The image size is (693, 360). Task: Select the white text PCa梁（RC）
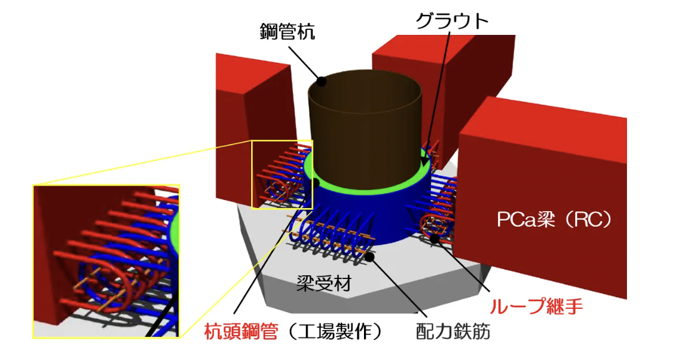coord(555,219)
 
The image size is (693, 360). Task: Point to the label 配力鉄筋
coord(454,331)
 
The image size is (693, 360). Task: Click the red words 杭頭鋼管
coord(241,331)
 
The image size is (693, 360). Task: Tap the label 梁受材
coord(324,283)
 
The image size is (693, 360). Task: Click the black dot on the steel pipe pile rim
coord(322,81)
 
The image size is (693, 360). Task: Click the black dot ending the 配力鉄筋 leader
coord(370,256)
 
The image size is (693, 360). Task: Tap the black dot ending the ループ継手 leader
coord(436,239)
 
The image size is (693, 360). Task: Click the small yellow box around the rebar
coord(282,174)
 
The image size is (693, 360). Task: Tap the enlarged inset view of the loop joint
coord(106,262)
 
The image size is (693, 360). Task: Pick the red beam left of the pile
coord(254,133)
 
